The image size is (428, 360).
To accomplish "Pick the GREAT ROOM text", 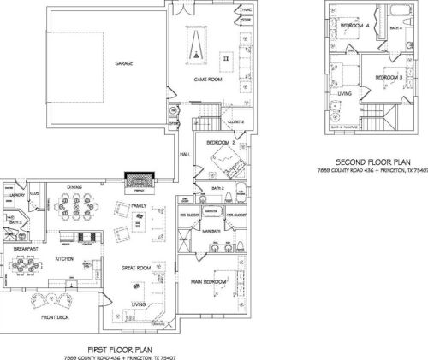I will (135, 267).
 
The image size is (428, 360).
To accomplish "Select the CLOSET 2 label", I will (237, 121).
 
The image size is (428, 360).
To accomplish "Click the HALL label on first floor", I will (184, 155).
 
